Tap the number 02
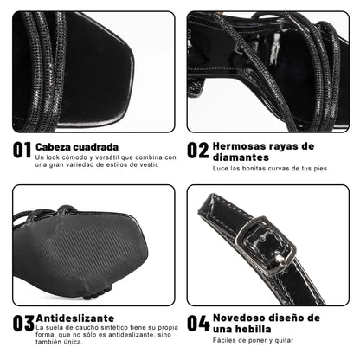coord(198,151)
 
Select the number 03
coord(22,325)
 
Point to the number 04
coord(198,325)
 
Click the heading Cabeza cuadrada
coord(79,145)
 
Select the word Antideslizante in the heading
coord(74,318)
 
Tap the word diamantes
coord(242,157)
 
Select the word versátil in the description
coord(116,157)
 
